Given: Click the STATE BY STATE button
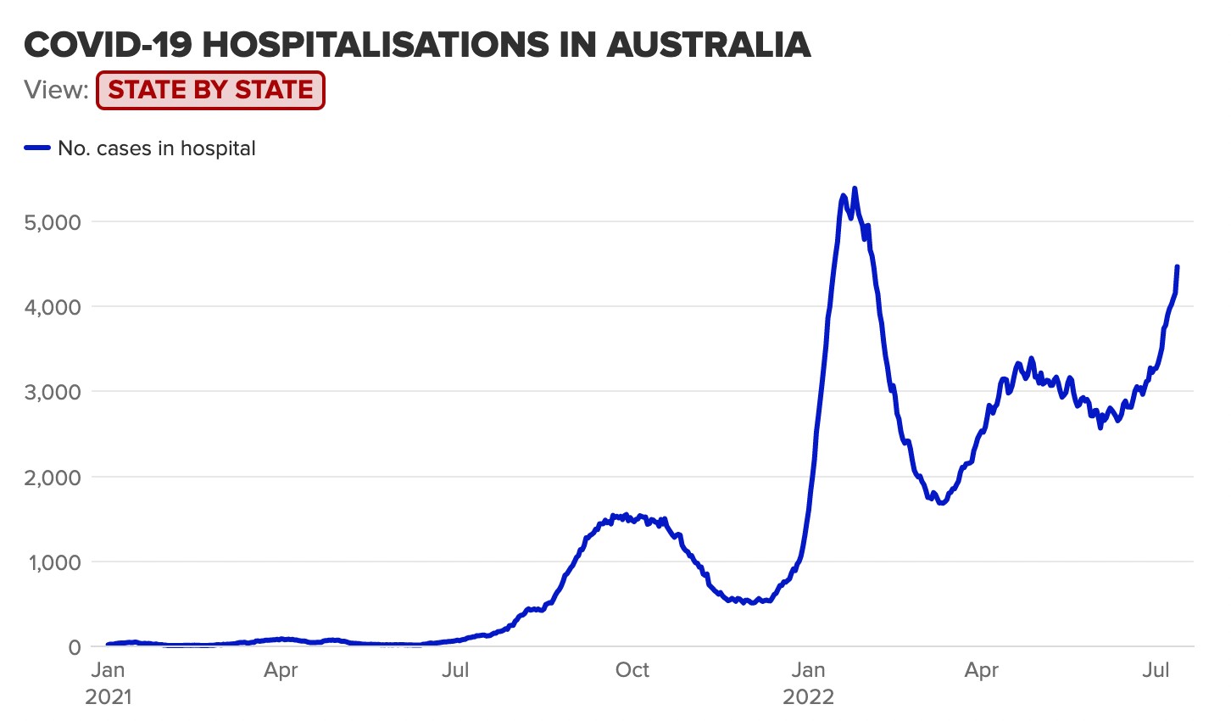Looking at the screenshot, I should (210, 90).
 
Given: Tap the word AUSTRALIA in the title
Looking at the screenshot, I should (709, 44).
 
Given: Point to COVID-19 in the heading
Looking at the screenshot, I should (108, 44).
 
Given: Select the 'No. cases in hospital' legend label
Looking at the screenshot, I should (157, 148).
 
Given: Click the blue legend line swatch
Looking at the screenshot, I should (38, 148).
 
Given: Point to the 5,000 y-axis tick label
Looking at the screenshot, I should (53, 222).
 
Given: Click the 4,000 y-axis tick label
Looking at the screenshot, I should (53, 307).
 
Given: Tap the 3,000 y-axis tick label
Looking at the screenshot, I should (53, 392).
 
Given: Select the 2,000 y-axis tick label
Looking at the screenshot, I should (53, 478).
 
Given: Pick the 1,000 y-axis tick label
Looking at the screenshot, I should (53, 562).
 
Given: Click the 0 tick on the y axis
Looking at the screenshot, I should (75, 647).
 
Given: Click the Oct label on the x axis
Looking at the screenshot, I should (632, 670).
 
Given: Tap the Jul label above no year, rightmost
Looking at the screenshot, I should (1156, 670).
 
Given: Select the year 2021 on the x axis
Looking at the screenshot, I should (109, 697).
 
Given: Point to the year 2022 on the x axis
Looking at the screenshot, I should (808, 697).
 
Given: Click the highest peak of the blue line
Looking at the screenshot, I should (854, 188).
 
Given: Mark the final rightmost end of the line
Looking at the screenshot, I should (1178, 266).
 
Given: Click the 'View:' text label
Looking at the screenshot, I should (56, 90).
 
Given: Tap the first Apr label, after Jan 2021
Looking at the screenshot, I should (281, 670).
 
